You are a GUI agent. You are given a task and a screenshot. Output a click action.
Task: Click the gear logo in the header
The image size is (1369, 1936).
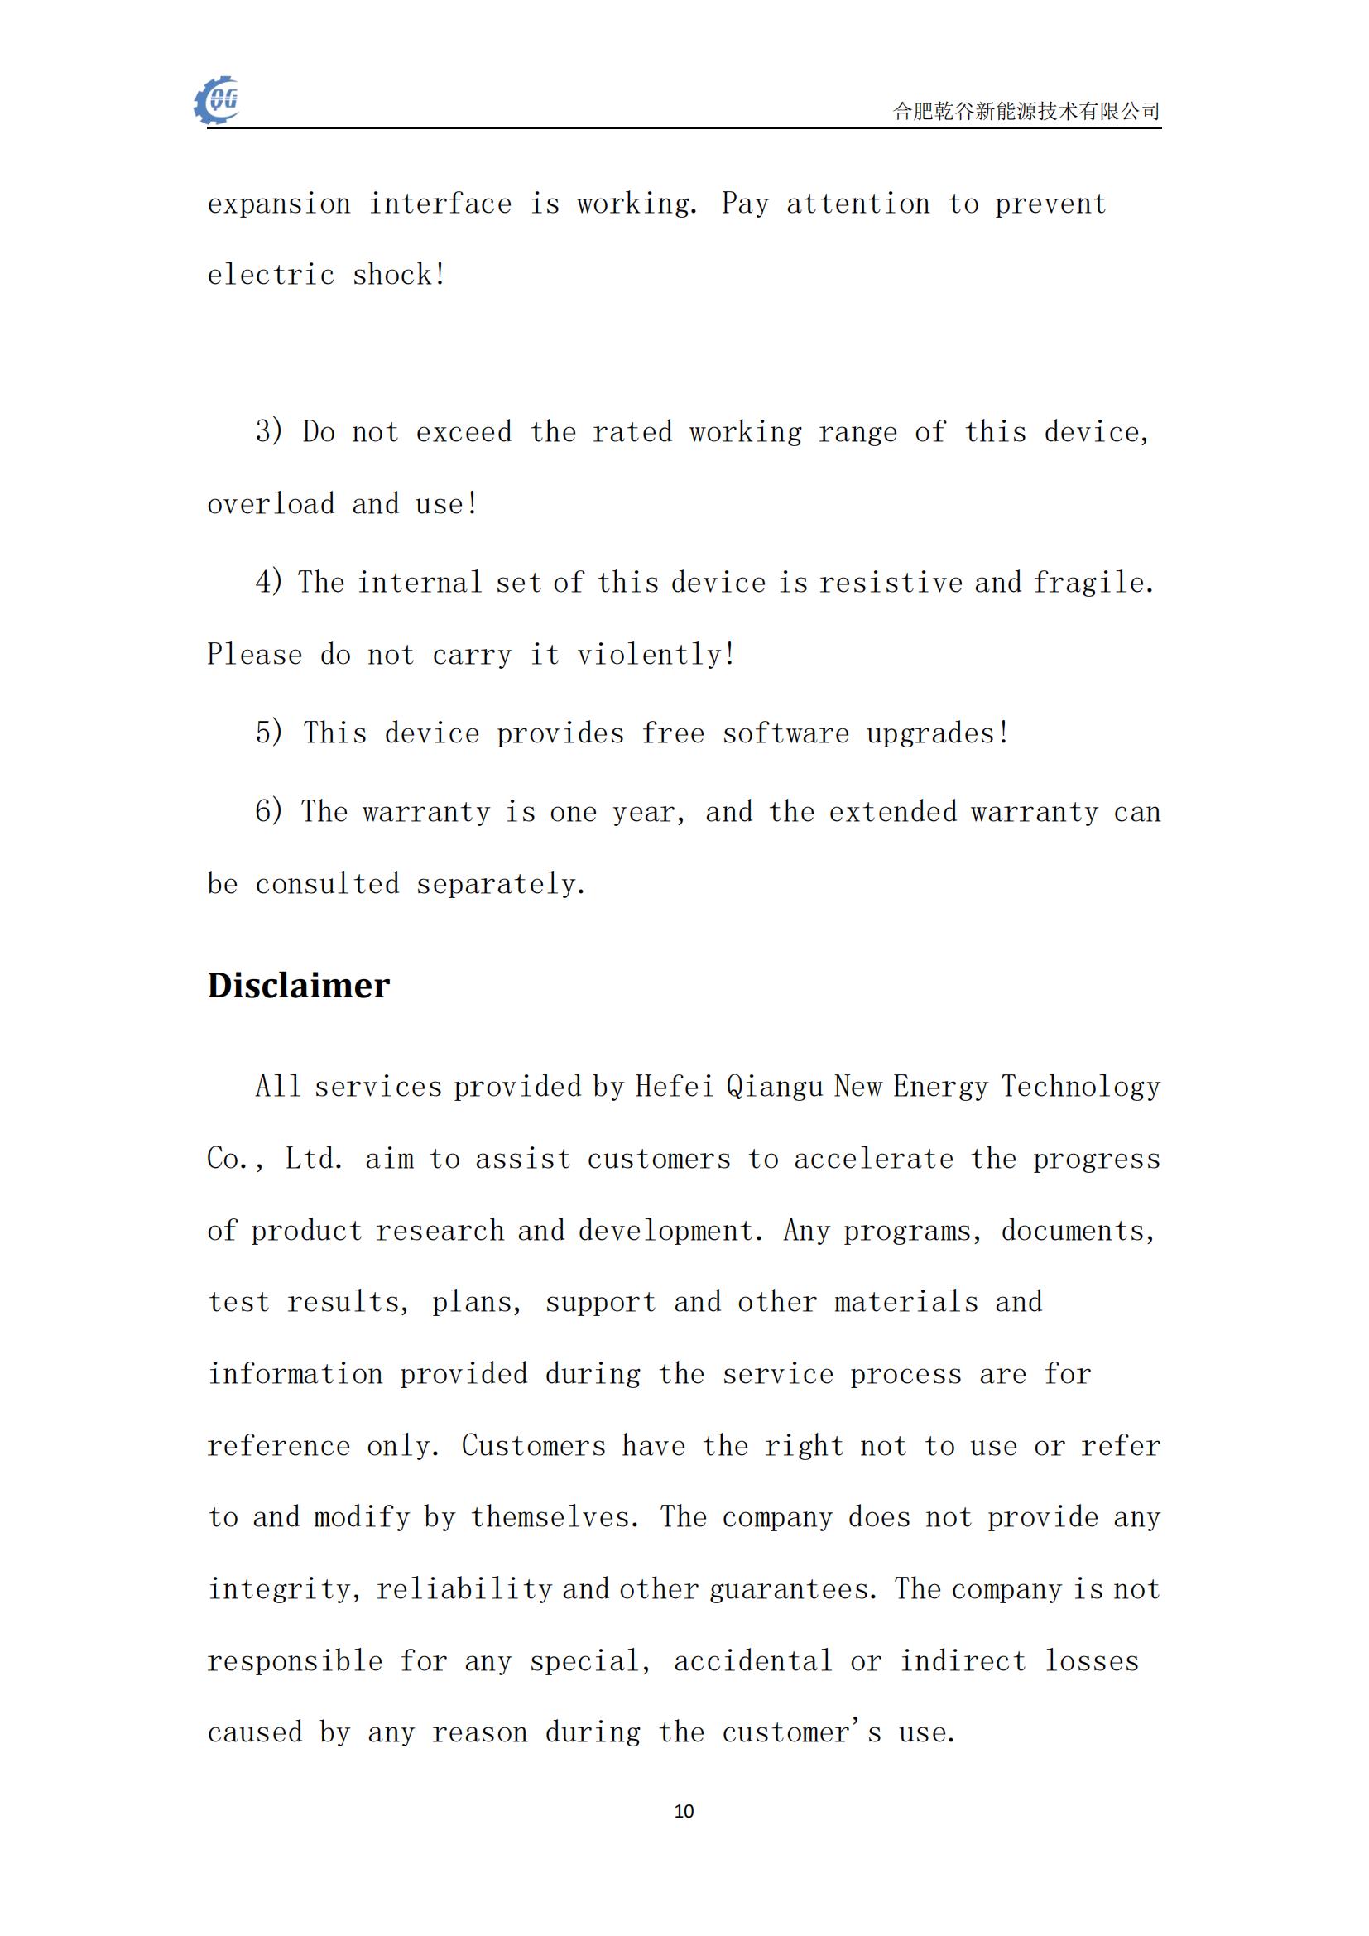point(217,101)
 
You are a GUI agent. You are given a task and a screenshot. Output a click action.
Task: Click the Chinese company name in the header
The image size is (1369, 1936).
point(1026,110)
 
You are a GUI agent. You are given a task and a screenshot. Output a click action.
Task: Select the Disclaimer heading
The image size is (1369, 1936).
point(299,985)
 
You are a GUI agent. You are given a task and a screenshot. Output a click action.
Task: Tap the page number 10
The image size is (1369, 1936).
point(684,1810)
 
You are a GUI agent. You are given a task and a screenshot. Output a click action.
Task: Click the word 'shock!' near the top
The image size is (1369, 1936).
point(399,275)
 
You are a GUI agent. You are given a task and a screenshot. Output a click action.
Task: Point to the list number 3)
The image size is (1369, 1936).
point(269,432)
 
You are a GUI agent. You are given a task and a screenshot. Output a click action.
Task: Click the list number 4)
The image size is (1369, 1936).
point(269,582)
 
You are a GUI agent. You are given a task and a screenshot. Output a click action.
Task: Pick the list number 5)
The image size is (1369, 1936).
point(269,732)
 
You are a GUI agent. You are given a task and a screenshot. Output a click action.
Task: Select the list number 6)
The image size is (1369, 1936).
point(269,811)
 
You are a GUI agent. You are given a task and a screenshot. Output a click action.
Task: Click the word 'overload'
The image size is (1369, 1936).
point(271,504)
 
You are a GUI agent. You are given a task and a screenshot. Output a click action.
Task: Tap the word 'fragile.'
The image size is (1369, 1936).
point(1093,582)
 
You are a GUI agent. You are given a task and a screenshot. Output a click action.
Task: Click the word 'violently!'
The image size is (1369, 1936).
point(656,655)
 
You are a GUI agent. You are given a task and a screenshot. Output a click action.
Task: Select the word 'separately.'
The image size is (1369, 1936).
point(501,884)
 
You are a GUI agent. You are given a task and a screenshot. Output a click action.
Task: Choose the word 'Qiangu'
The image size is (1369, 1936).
point(774,1086)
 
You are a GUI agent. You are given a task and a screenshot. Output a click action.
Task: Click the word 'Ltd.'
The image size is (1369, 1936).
point(314,1159)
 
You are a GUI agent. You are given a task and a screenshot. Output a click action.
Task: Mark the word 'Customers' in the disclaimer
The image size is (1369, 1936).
point(533,1446)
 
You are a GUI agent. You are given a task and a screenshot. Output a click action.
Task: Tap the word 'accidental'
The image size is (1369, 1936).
point(752,1661)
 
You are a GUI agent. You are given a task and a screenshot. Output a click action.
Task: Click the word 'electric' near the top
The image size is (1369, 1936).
point(271,275)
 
